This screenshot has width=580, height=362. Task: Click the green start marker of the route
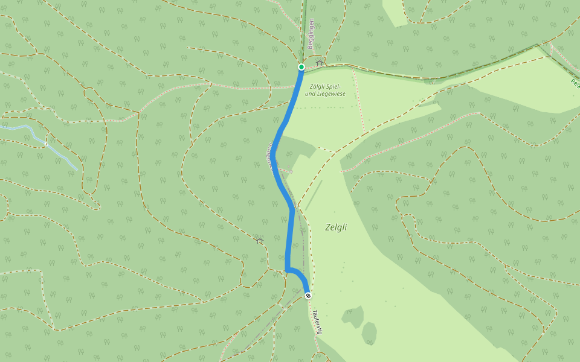click(301, 67)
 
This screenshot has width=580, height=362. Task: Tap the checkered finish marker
click(308, 296)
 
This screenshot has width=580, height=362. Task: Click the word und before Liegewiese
click(309, 94)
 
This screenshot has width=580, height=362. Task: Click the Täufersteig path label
click(317, 322)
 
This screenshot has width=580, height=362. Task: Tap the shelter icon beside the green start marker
click(320, 63)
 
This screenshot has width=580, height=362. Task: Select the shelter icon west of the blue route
click(260, 241)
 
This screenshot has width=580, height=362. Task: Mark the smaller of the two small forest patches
click(369, 333)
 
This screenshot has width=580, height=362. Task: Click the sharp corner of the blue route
click(286, 270)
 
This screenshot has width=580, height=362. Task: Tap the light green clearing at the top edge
click(394, 11)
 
